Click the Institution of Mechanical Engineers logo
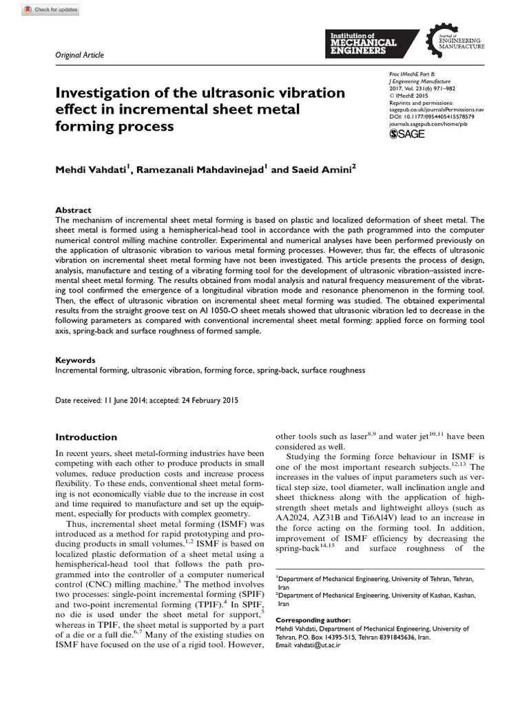click(370, 43)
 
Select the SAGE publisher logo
click(407, 134)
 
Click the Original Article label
click(79, 55)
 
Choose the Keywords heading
click(75, 360)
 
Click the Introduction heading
click(86, 437)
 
